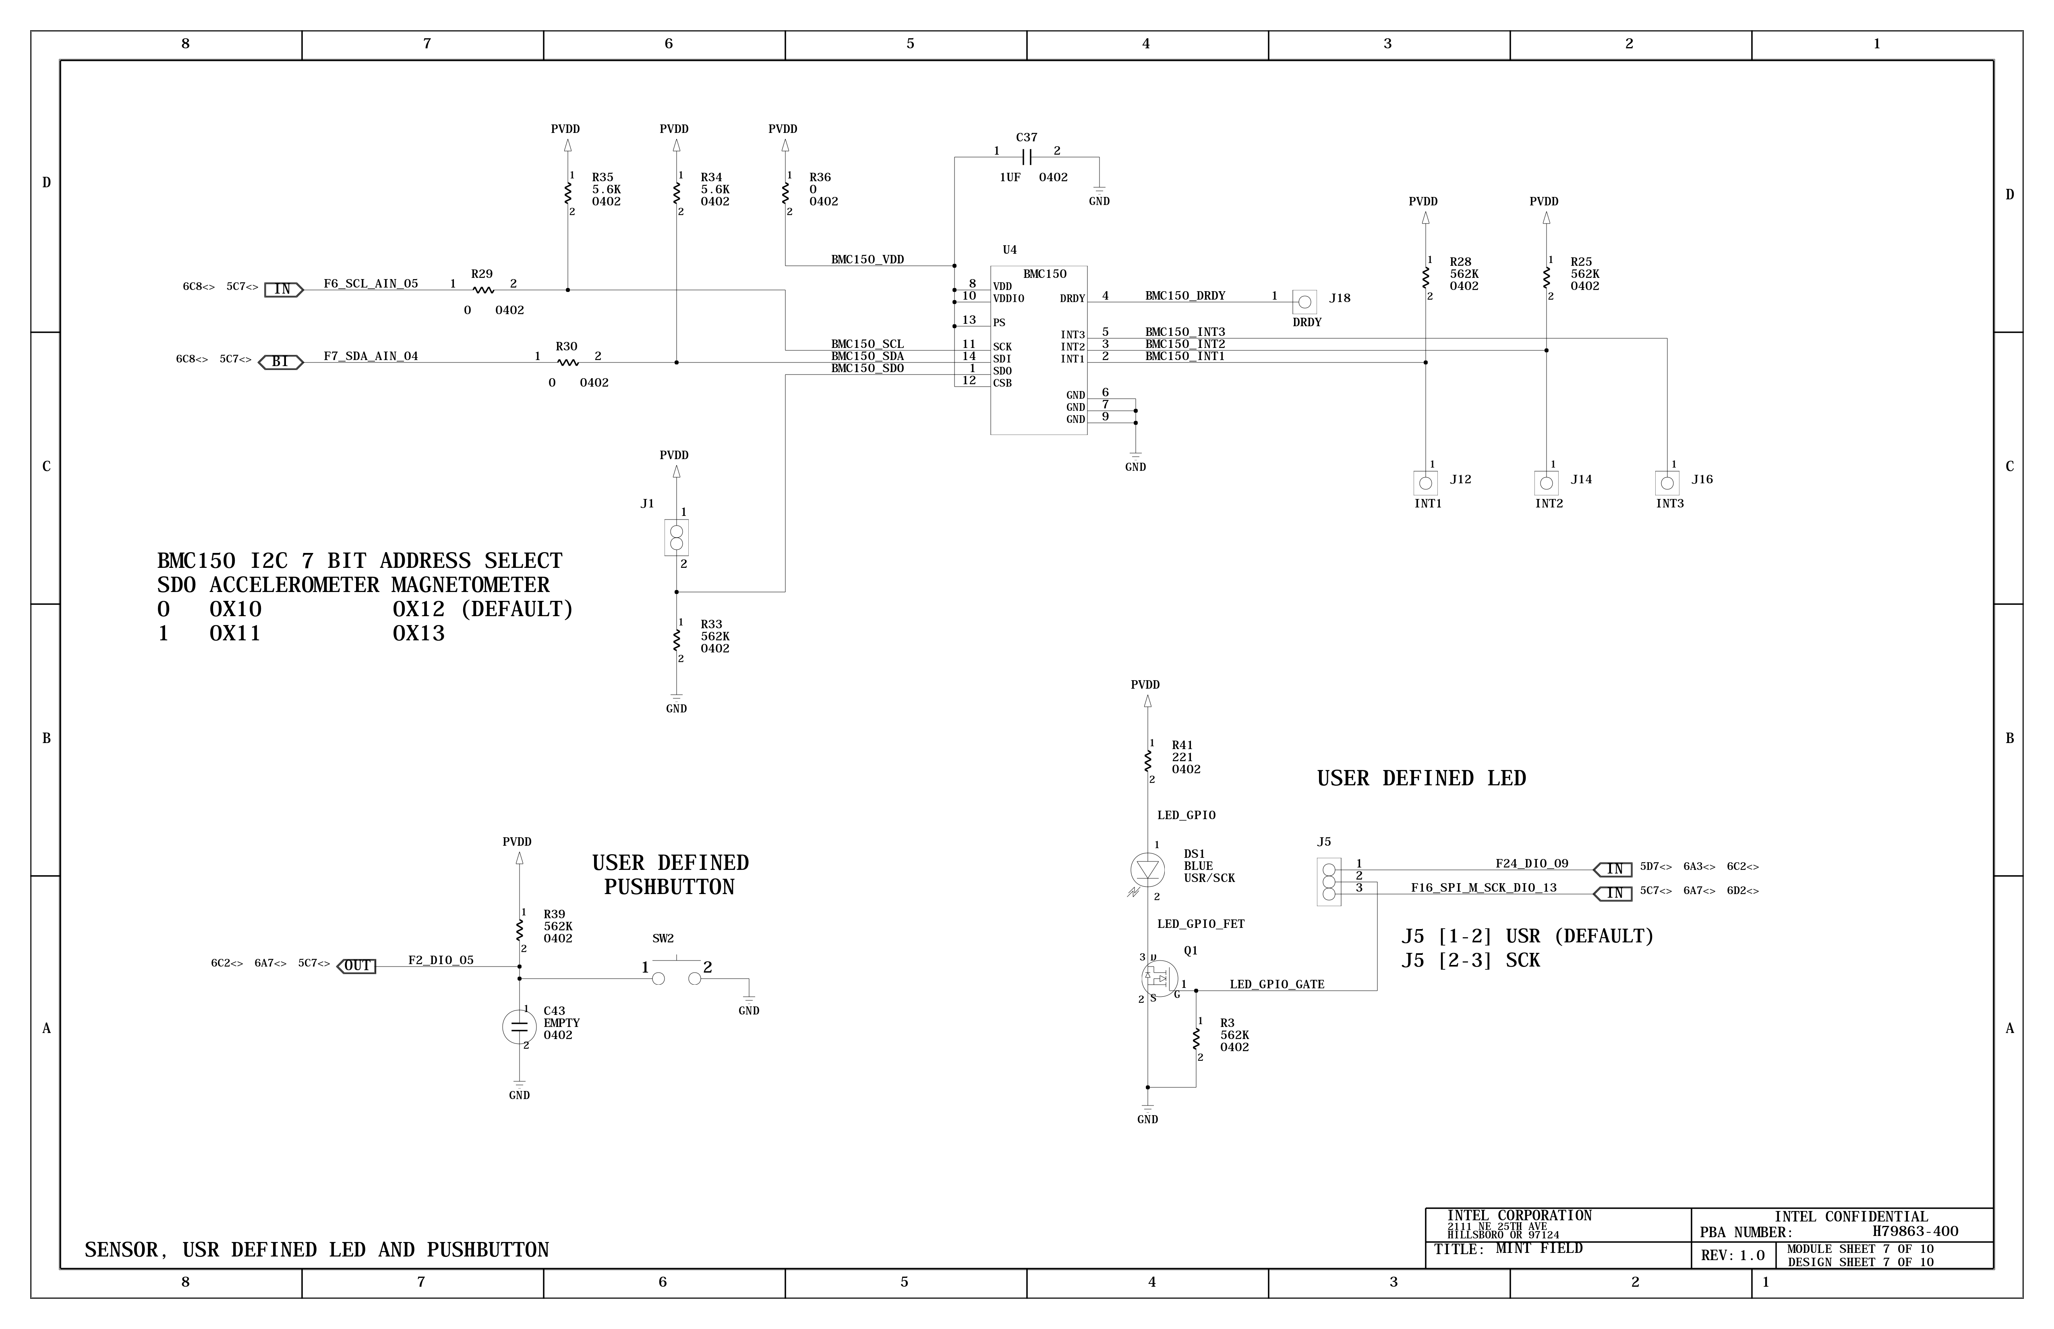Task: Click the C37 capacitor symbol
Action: pyautogui.click(x=1026, y=157)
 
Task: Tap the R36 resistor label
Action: pyautogui.click(x=820, y=177)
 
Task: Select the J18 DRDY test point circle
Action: pyautogui.click(x=1304, y=302)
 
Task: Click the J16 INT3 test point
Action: pyautogui.click(x=1667, y=483)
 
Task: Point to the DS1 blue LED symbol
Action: pyautogui.click(x=1147, y=869)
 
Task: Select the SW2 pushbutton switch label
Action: pyautogui.click(x=663, y=938)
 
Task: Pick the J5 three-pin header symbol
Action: pyautogui.click(x=1328, y=882)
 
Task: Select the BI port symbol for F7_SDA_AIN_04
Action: pyautogui.click(x=280, y=362)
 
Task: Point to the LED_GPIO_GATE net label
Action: pyautogui.click(x=1276, y=984)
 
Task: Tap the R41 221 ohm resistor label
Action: pyautogui.click(x=1182, y=745)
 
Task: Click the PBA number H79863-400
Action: pyautogui.click(x=1914, y=1232)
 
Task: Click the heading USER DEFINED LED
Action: pyautogui.click(x=1420, y=778)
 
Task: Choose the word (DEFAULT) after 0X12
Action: pyautogui.click(x=516, y=609)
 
